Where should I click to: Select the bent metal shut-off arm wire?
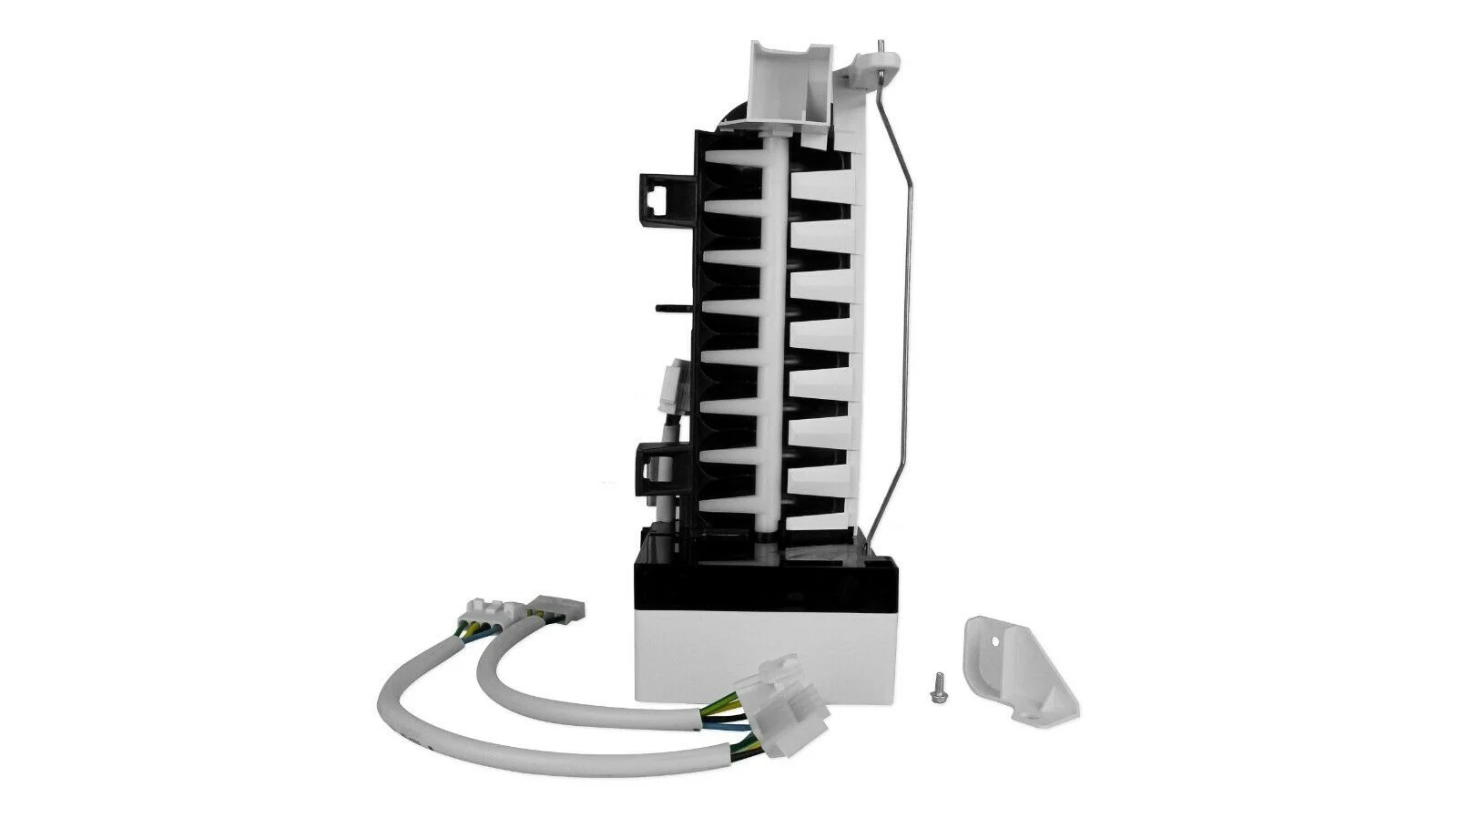click(x=902, y=301)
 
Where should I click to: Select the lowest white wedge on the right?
click(x=820, y=497)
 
